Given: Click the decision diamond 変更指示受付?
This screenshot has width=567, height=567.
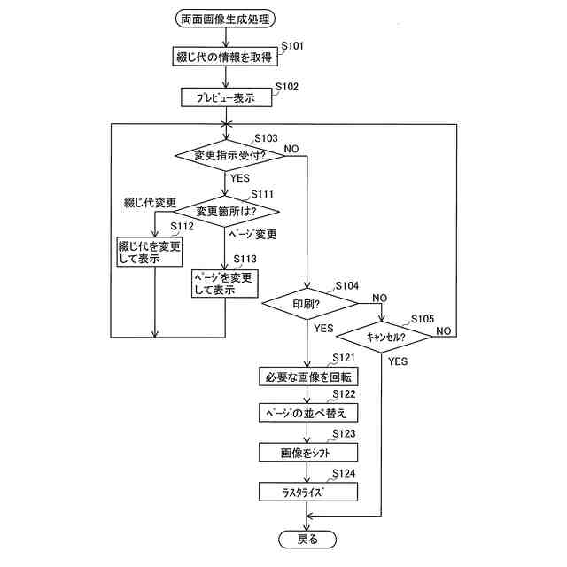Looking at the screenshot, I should point(229,155).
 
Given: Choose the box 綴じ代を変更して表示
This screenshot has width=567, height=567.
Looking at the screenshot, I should point(149,252).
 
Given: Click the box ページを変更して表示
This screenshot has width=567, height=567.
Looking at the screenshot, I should point(225,283).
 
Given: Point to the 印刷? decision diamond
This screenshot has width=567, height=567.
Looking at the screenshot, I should point(307,303).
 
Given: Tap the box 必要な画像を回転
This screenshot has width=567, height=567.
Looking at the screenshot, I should point(307,377).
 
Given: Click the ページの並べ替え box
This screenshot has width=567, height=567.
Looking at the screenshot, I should point(307,414).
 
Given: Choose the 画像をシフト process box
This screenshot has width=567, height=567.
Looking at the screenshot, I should point(307,452).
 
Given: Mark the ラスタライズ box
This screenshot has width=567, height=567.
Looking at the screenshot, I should point(307,491).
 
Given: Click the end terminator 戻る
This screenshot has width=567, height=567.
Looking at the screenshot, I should point(307,538).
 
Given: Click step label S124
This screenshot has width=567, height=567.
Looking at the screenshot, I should point(344,474).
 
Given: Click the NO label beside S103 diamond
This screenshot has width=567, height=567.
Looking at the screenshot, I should point(291,148).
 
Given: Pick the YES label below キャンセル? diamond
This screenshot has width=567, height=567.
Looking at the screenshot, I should point(398,361).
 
